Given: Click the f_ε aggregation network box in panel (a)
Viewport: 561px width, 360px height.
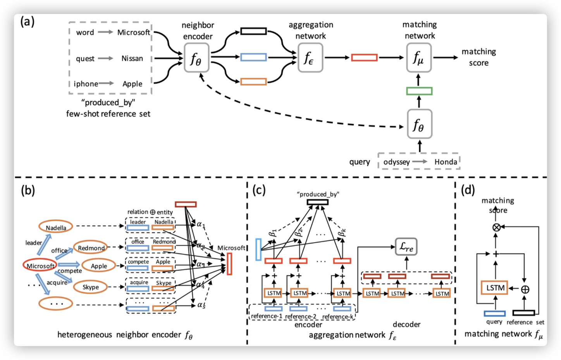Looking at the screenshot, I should tap(310, 58).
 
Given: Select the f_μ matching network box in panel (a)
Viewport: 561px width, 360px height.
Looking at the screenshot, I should tap(418, 58).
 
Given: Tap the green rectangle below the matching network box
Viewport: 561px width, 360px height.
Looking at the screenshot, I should tap(419, 91).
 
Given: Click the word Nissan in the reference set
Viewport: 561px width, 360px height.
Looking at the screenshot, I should tap(132, 58).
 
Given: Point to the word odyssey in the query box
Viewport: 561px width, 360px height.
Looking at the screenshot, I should tap(396, 162).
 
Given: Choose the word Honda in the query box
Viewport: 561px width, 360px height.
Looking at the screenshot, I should tap(446, 162).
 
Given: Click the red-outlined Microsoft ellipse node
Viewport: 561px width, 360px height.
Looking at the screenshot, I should tap(40, 266).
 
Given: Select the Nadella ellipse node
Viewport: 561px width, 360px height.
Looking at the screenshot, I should tap(56, 228).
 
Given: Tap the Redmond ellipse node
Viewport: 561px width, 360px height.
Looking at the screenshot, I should tap(91, 248).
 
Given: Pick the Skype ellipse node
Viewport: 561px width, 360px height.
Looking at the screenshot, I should tap(91, 287).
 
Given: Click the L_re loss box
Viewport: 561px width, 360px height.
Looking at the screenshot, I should tap(406, 247).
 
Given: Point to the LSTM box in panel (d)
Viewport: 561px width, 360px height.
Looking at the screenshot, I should tap(495, 288).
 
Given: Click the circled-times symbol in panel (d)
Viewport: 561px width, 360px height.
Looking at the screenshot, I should tap(496, 227).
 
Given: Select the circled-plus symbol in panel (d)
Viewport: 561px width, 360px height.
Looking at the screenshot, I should tap(525, 289).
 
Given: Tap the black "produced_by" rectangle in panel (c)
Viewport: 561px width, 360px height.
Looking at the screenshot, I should tap(317, 202).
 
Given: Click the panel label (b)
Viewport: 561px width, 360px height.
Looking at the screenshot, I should tap(28, 190).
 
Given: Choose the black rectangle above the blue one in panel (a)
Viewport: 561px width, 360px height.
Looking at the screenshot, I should tap(253, 31).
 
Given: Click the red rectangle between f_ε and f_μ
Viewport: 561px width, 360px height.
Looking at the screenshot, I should tap(364, 58).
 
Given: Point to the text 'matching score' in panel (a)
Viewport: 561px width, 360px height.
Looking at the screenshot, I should tap(478, 57).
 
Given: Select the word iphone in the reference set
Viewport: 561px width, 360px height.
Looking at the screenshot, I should tap(86, 84).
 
